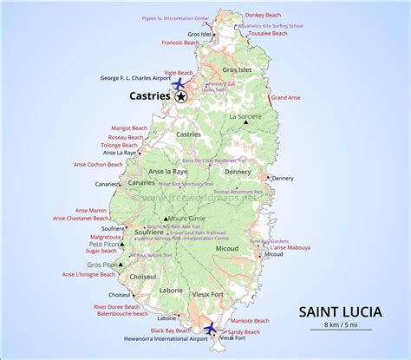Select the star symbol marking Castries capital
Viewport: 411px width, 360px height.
point(180,97)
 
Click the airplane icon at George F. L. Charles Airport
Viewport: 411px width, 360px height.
point(179,84)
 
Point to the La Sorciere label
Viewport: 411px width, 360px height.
point(245,115)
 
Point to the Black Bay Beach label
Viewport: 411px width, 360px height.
point(172,331)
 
